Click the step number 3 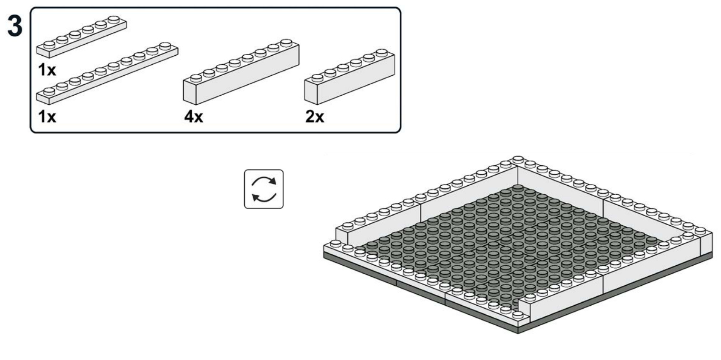[15, 26]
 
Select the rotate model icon [264, 189]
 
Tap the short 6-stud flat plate [81, 37]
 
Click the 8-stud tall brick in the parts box [241, 72]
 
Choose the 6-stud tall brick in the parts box [350, 77]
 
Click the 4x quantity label [193, 116]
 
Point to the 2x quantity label [315, 116]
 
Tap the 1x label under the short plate [47, 70]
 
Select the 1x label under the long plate [47, 116]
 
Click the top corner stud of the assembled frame [518, 159]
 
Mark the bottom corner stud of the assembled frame [518, 314]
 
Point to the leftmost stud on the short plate [49, 45]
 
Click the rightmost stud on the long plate [165, 46]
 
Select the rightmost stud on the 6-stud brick [382, 52]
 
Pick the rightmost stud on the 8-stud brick [286, 43]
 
